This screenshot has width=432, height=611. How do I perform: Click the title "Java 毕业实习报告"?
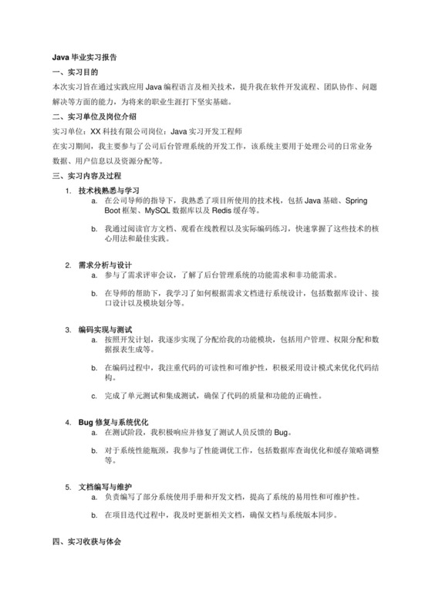pyautogui.click(x=85, y=57)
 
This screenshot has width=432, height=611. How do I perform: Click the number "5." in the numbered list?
pyautogui.click(x=68, y=488)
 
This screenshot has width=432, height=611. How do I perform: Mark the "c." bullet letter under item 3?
pyautogui.click(x=94, y=396)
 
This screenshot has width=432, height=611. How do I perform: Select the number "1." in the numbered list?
pyautogui.click(x=68, y=190)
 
